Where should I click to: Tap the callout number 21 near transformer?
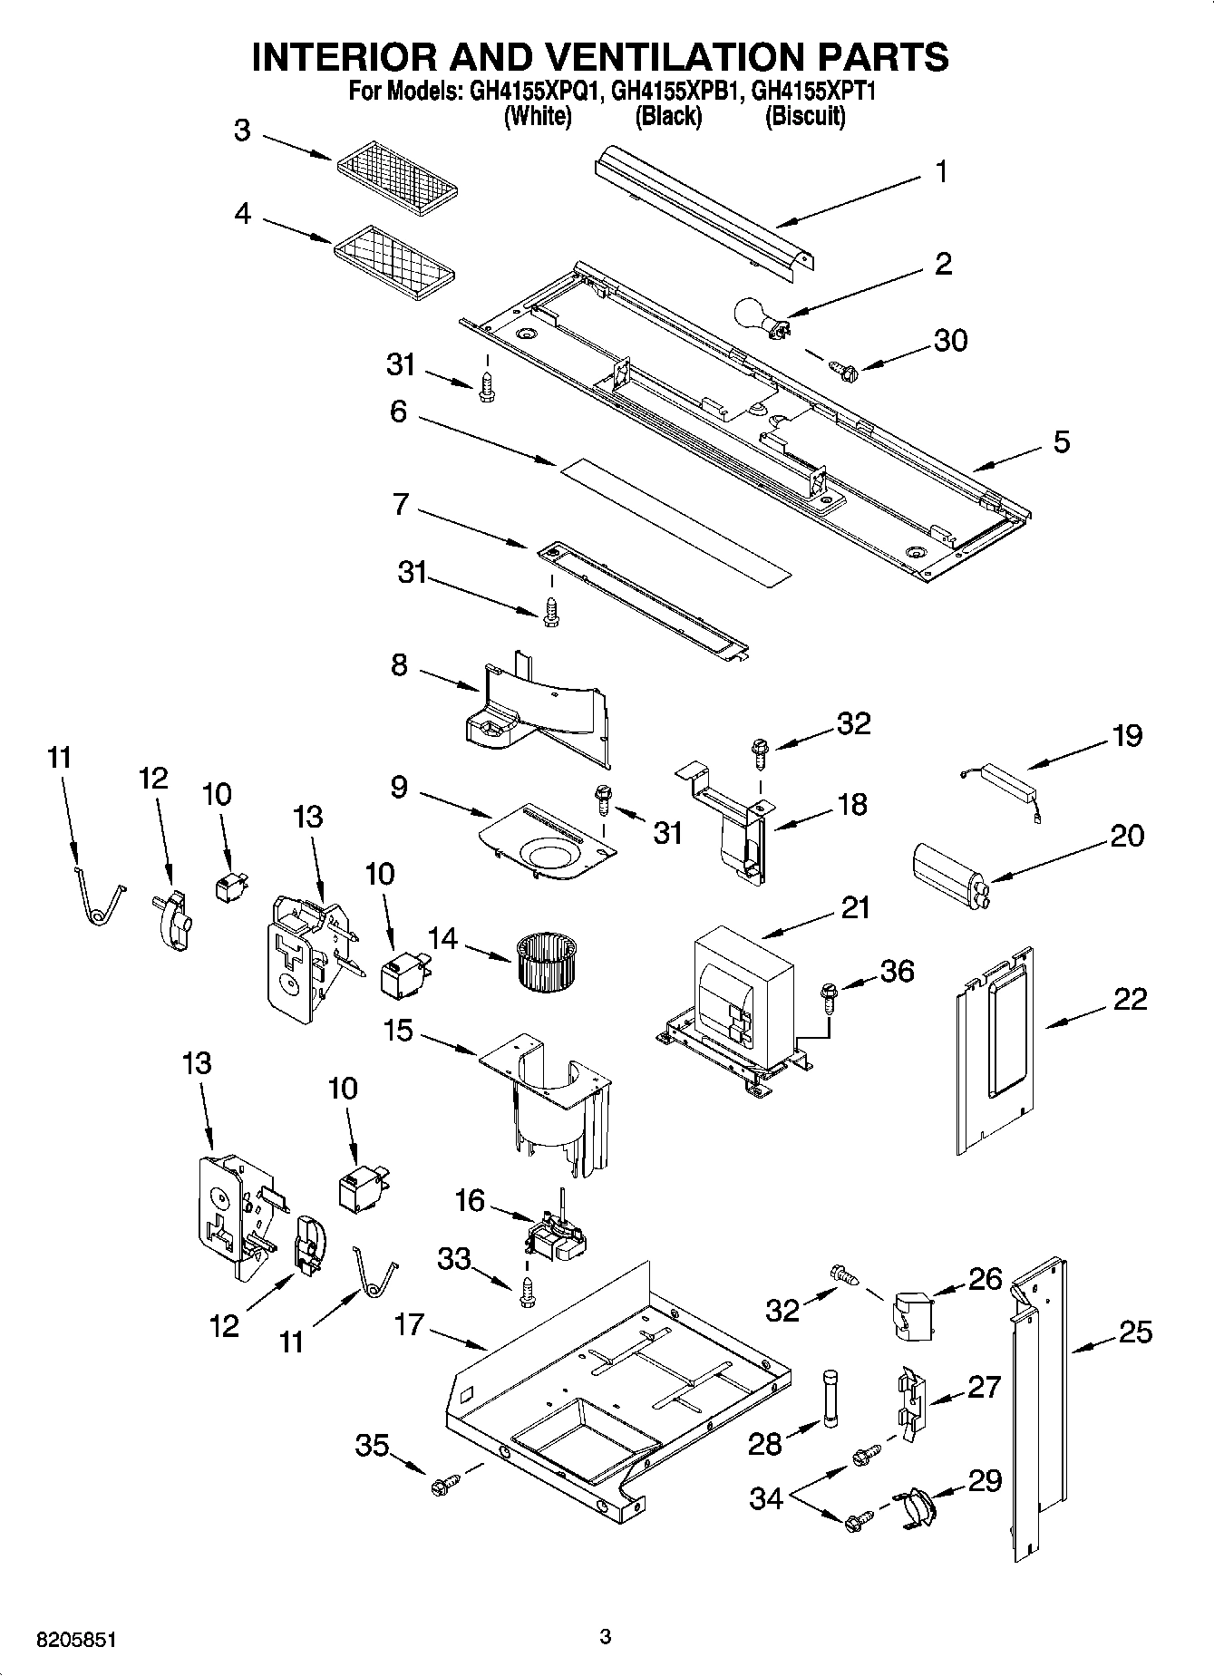coord(854,906)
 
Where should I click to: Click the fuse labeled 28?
coord(830,1401)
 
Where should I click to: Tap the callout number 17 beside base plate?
coord(409,1324)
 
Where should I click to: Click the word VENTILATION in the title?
coord(656,56)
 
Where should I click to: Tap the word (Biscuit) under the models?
coord(805,116)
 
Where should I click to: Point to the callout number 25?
coord(1134,1332)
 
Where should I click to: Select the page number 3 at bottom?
coord(606,1636)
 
